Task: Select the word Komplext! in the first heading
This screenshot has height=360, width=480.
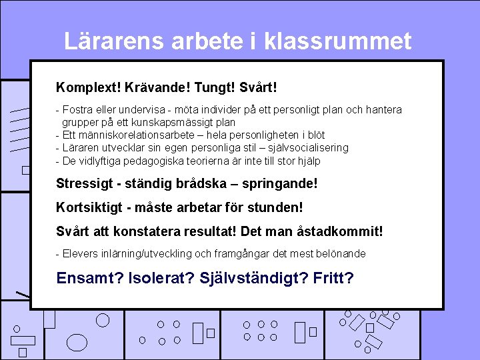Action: [83, 88]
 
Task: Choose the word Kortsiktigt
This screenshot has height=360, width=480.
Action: [89, 208]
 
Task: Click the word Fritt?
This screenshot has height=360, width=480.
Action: [332, 278]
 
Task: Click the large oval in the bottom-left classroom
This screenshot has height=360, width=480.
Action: [78, 342]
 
